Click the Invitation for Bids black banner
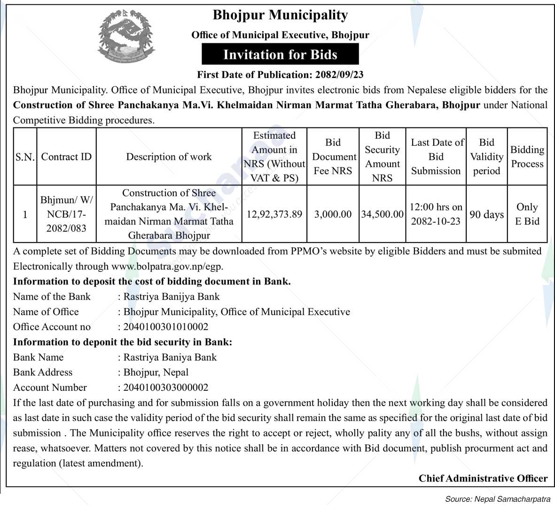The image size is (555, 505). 280,55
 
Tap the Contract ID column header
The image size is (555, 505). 66,157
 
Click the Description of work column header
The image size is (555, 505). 169,157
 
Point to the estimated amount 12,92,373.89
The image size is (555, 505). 274,214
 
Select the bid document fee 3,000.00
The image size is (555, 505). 333,214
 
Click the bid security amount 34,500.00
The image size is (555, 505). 382,214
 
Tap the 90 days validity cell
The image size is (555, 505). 486,214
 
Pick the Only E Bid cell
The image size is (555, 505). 527,214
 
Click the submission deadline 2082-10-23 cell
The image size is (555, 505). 436,214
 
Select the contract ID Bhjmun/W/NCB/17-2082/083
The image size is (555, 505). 66,214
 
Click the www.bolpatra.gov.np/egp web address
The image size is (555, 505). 167,266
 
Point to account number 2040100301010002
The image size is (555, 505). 165,327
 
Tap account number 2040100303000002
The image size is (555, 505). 165,387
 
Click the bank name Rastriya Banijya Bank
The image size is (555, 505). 172,297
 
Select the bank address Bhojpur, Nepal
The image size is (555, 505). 156,372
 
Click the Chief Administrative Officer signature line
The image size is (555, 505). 483,478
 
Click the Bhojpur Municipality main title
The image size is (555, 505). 280,15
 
